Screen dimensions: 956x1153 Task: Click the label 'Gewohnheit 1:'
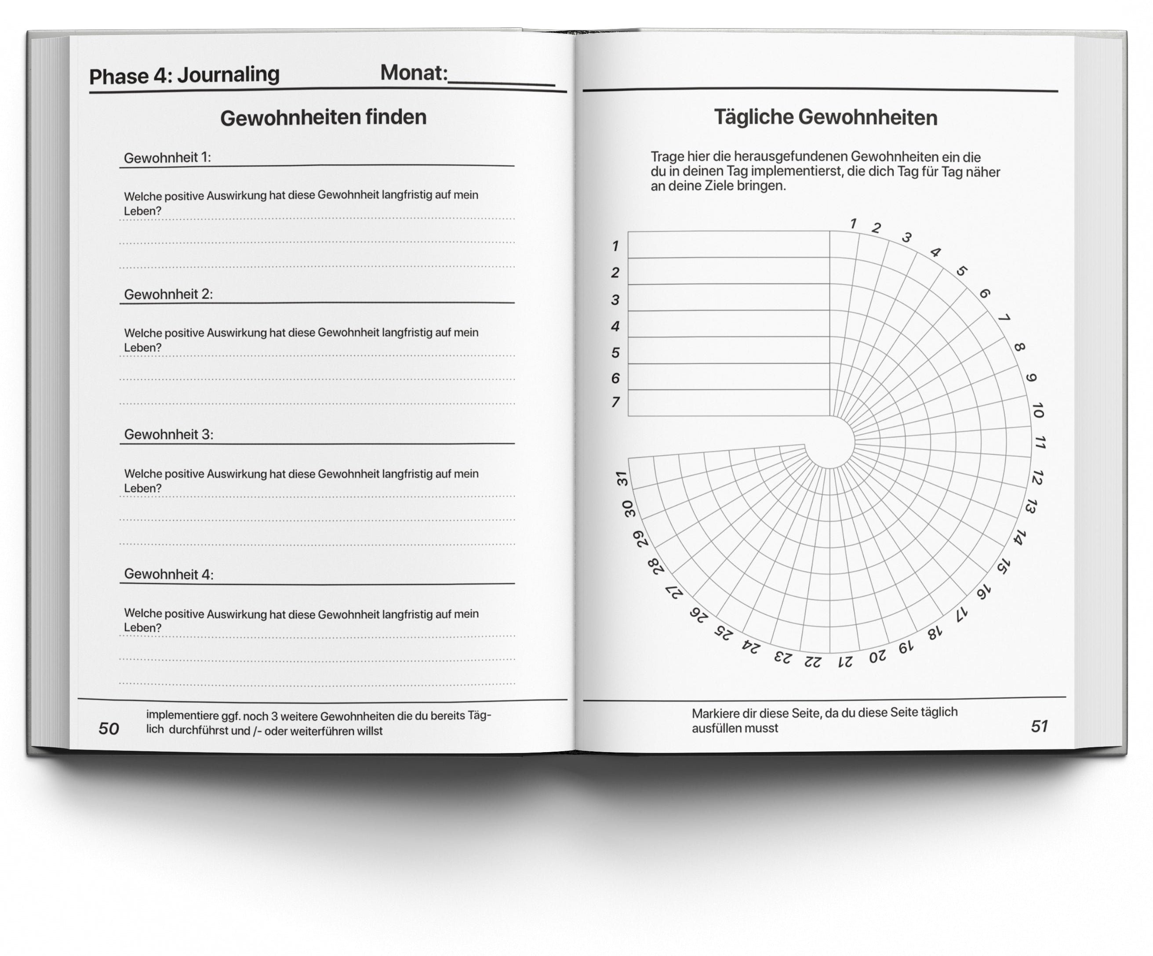point(167,158)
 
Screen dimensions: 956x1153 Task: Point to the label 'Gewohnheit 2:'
point(168,294)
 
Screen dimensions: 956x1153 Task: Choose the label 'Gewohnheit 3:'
point(168,435)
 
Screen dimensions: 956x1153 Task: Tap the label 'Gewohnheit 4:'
point(168,574)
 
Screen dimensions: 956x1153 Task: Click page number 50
point(109,728)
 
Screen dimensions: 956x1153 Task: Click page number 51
point(1039,726)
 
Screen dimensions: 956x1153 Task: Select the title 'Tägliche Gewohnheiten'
point(825,117)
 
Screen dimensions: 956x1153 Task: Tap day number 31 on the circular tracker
point(622,478)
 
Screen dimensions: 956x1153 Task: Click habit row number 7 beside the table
point(615,402)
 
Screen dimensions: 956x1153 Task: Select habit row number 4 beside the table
point(615,326)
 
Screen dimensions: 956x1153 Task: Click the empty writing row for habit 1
point(728,245)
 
